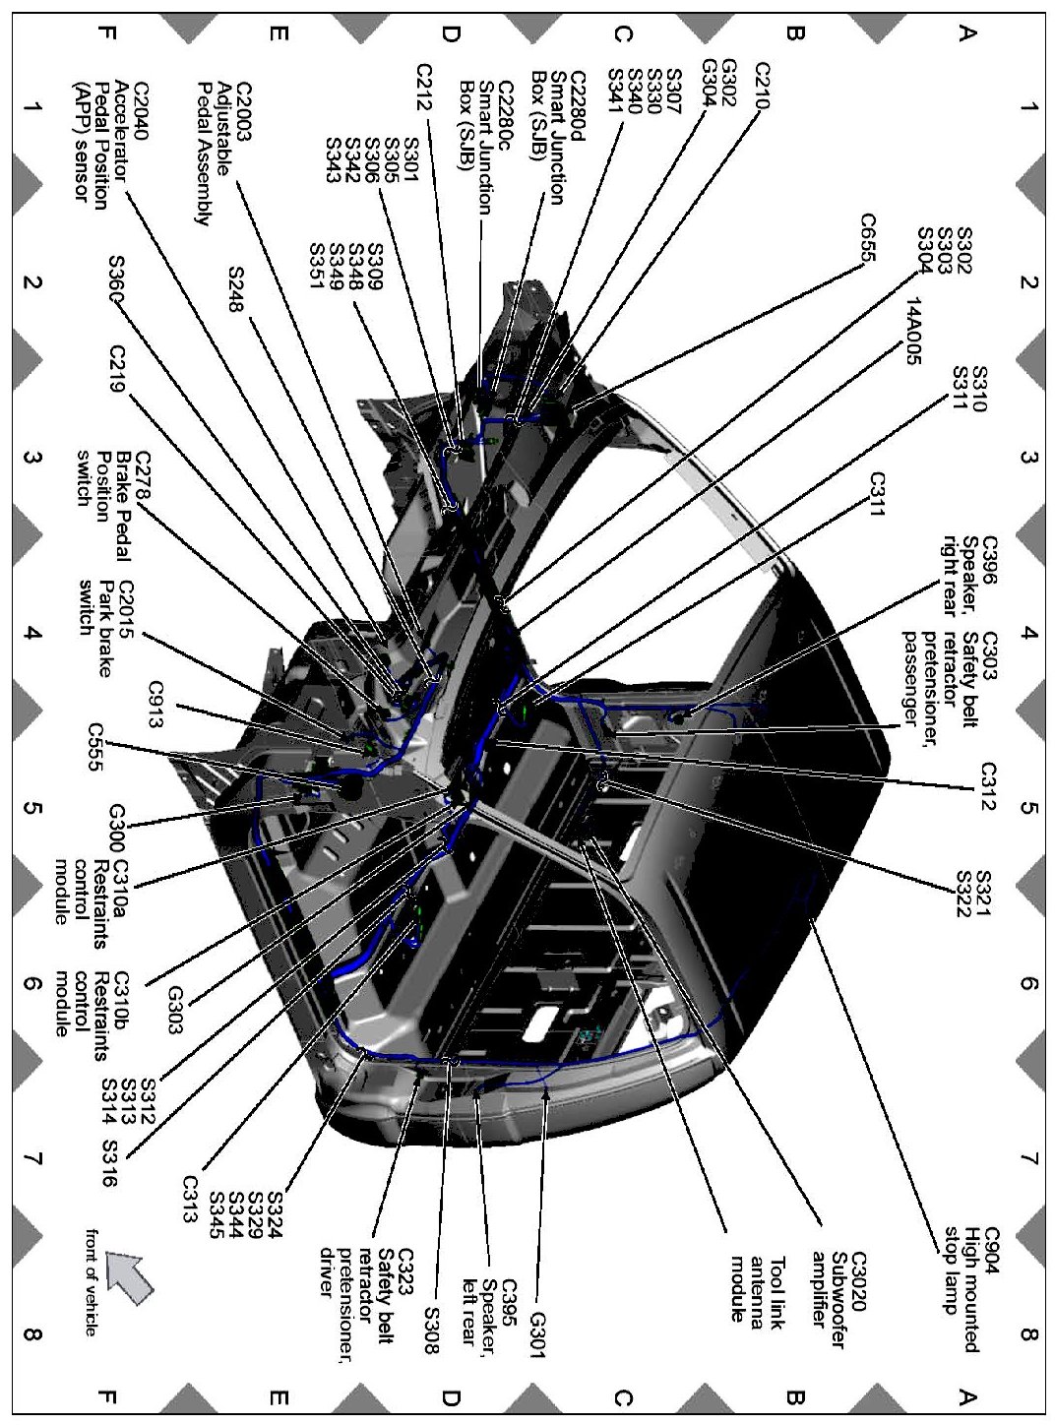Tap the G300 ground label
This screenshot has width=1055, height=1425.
click(116, 830)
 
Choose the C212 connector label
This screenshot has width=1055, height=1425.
click(425, 89)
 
